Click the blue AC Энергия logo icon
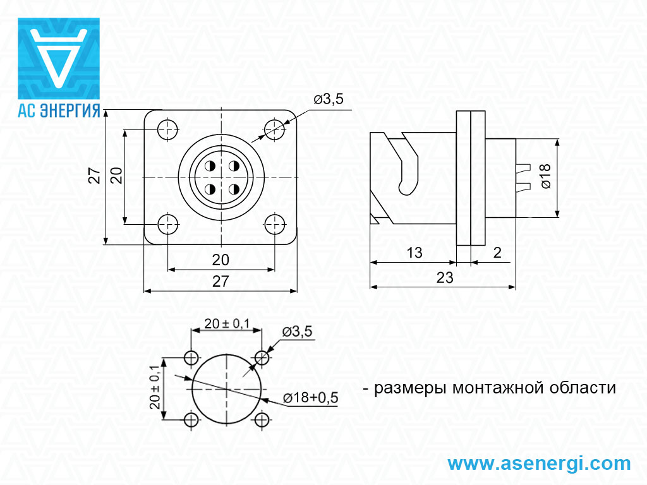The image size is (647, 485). (x=59, y=58)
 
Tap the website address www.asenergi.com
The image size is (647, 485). (x=539, y=463)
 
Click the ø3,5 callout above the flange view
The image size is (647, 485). (x=329, y=99)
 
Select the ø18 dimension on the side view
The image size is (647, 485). (x=546, y=176)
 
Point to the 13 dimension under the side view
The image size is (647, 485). (x=414, y=253)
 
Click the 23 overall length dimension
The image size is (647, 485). (x=445, y=278)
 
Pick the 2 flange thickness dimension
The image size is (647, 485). (x=497, y=253)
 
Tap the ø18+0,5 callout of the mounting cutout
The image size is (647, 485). (x=310, y=398)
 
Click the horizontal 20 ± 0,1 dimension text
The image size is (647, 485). (x=227, y=324)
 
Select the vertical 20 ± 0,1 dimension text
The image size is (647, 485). (x=155, y=387)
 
